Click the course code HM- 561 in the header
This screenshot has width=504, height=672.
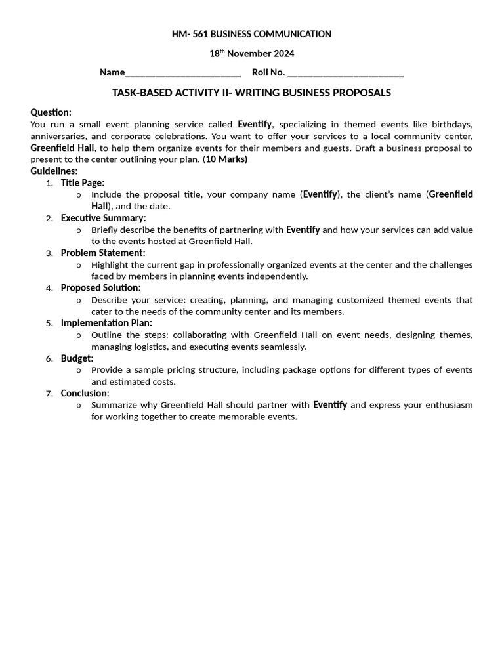pyautogui.click(x=190, y=34)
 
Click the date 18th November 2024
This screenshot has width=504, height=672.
pyautogui.click(x=252, y=54)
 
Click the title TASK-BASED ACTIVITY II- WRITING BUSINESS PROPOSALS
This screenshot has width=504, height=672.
pyautogui.click(x=252, y=93)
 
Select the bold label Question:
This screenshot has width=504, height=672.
pyautogui.click(x=51, y=112)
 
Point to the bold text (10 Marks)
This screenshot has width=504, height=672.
pyautogui.click(x=225, y=159)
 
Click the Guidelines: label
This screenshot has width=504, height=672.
pyautogui.click(x=54, y=171)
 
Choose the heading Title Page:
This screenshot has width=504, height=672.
pyautogui.click(x=83, y=183)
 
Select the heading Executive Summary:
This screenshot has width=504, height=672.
pyautogui.click(x=103, y=218)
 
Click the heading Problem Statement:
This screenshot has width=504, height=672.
pyautogui.click(x=103, y=253)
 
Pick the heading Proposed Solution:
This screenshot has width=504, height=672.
pyautogui.click(x=100, y=287)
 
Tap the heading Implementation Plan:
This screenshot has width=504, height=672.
pyautogui.click(x=106, y=323)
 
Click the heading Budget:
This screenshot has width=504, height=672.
pyautogui.click(x=77, y=358)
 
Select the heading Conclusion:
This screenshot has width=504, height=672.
pyautogui.click(x=85, y=393)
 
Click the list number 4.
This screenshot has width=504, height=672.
pyautogui.click(x=49, y=288)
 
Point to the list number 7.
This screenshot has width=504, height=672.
pyautogui.click(x=49, y=394)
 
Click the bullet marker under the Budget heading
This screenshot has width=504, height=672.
pyautogui.click(x=79, y=370)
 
